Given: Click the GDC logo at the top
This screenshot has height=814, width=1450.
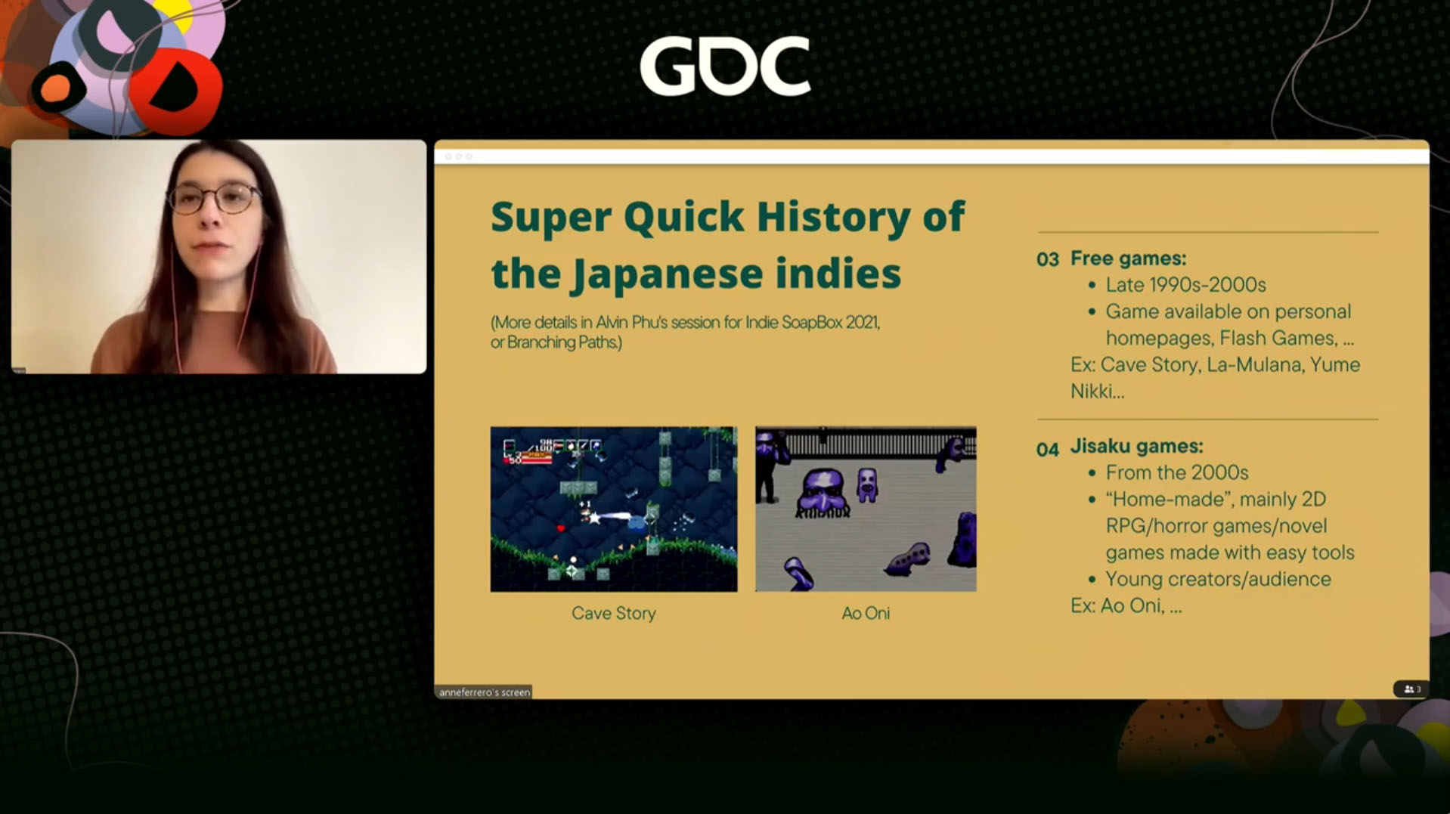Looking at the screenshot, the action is click(725, 67).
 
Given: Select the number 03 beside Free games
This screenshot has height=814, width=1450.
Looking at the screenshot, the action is click(1047, 260).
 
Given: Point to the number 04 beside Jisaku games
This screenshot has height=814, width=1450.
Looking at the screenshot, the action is click(1047, 450).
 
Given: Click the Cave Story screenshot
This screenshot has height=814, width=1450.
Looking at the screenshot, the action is click(613, 509).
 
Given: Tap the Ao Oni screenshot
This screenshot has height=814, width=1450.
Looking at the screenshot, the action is click(866, 509).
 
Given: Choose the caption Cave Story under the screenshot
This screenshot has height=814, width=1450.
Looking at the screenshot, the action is click(613, 613).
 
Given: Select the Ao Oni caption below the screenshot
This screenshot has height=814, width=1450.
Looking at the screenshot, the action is click(866, 613).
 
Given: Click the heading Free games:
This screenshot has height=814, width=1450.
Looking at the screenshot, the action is click(1128, 258).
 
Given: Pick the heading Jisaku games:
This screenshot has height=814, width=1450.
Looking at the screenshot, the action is click(1136, 447).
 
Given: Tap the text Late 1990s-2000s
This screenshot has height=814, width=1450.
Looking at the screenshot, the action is click(1185, 285).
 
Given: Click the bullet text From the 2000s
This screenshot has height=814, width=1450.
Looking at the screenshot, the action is click(1177, 472).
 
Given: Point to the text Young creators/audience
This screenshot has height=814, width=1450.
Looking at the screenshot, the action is click(1218, 579).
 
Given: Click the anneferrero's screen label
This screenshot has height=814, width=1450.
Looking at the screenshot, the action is click(485, 692).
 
